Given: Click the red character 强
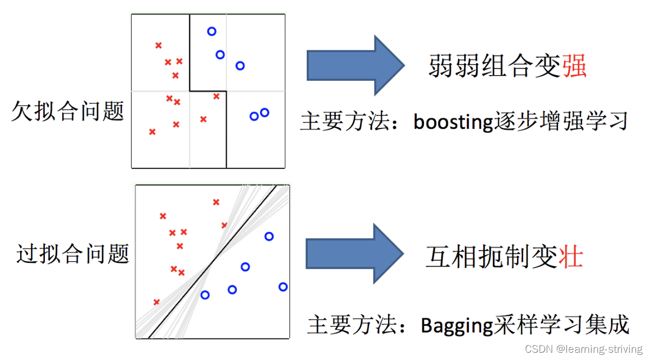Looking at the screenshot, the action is pyautogui.click(x=574, y=66).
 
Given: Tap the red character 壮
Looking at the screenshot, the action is pyautogui.click(x=571, y=256).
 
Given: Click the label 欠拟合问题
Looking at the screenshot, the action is pyautogui.click(x=68, y=111).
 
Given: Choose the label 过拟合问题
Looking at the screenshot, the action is pyautogui.click(x=73, y=253).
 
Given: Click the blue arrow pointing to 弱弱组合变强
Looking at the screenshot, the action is pyautogui.click(x=355, y=65).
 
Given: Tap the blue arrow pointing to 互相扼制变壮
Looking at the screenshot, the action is pyautogui.click(x=354, y=253).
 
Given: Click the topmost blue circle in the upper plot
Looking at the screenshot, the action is pyautogui.click(x=212, y=31).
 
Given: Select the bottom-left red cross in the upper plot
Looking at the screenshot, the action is pyautogui.click(x=153, y=132).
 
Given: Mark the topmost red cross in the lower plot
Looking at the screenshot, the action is pyautogui.click(x=216, y=202).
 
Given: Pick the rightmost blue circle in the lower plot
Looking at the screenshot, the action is pyautogui.click(x=283, y=287).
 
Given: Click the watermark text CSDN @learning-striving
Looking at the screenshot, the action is pyautogui.click(x=584, y=349).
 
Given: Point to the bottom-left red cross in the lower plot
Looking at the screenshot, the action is pyautogui.click(x=156, y=302).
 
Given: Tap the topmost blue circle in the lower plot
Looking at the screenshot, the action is pyautogui.click(x=269, y=237).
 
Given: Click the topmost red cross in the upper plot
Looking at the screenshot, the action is pyautogui.click(x=159, y=45).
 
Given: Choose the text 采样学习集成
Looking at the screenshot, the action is pyautogui.click(x=561, y=325).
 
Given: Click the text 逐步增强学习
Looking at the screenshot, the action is pyautogui.click(x=561, y=121).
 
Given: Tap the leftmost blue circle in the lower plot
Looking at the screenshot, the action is pyautogui.click(x=205, y=295).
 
